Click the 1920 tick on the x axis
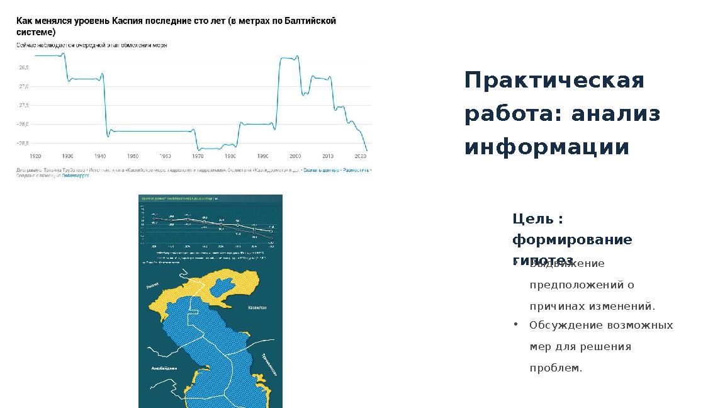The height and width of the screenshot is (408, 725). (x=35, y=156)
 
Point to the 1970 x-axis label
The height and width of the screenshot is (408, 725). (x=198, y=156)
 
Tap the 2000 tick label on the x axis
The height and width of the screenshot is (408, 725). (x=295, y=156)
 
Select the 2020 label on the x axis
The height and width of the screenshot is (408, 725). (x=361, y=156)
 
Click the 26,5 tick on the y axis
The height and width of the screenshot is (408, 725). (x=23, y=67)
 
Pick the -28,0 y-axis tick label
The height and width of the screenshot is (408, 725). (x=22, y=124)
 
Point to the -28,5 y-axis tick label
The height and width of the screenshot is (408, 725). (x=22, y=143)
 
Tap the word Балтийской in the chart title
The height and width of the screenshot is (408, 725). (x=310, y=21)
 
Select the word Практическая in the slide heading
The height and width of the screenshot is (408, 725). (x=554, y=81)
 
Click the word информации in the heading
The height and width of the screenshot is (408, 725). (x=546, y=147)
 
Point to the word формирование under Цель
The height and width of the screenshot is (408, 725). (x=572, y=240)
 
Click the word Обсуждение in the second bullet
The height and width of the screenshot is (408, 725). (x=565, y=325)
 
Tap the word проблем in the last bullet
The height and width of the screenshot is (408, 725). (x=554, y=368)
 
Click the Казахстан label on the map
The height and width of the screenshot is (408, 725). (x=257, y=308)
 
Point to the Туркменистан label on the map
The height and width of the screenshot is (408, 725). (x=269, y=365)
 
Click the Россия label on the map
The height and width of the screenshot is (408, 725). (x=153, y=285)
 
